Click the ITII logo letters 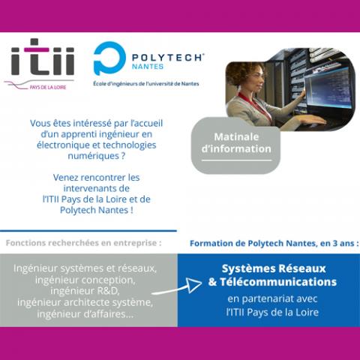click(x=43, y=57)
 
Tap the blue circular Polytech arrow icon click(x=109, y=58)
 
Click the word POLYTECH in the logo click(x=166, y=58)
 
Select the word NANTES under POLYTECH click(x=148, y=67)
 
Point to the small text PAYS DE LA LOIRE click(x=48, y=87)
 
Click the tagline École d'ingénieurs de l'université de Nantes click(x=146, y=84)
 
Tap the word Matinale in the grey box click(x=236, y=136)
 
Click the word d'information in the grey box click(x=236, y=148)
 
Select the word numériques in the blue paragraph click(x=93, y=156)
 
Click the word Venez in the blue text click(x=66, y=178)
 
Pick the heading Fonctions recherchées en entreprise click(x=83, y=243)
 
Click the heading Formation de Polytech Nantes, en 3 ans click(x=274, y=243)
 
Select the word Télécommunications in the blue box click(x=278, y=282)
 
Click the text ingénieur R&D click(x=85, y=291)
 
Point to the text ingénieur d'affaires click(x=85, y=314)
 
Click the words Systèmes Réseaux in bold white click(x=274, y=268)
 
